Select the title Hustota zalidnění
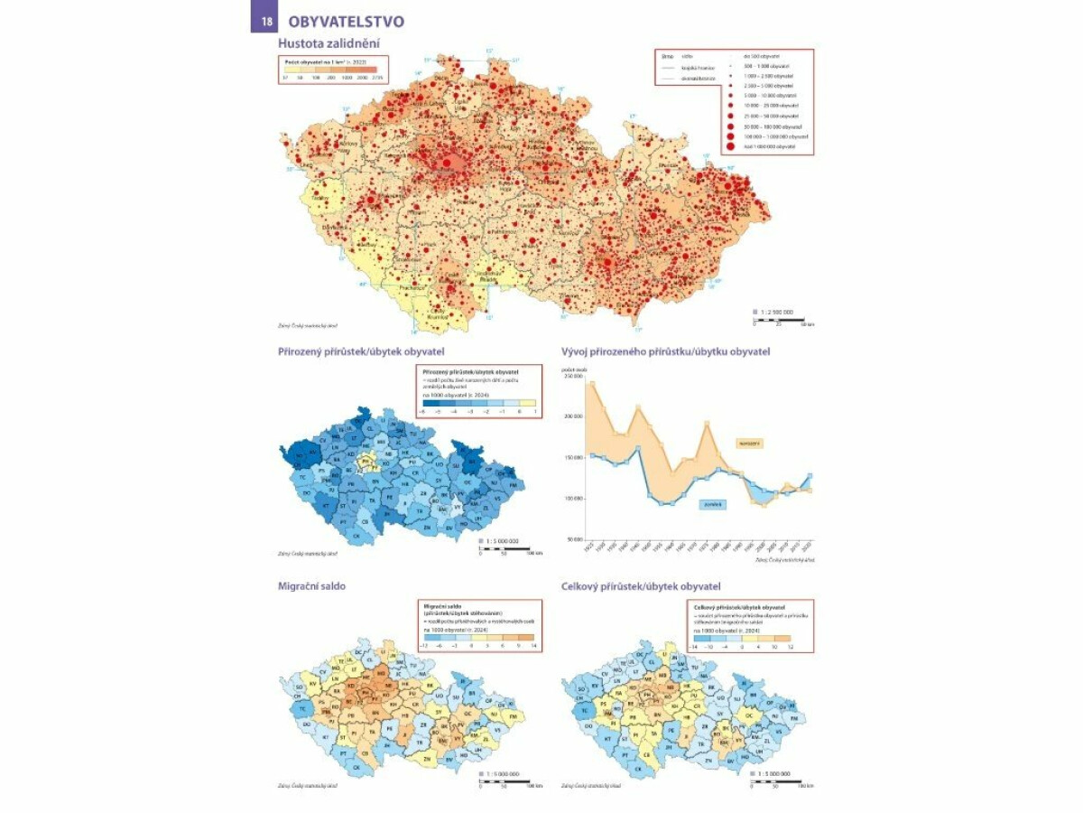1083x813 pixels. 329,42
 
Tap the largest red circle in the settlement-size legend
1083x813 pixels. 729,145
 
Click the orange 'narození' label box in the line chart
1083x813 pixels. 750,443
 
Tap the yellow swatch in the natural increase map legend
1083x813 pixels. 529,404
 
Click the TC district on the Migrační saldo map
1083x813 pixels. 304,710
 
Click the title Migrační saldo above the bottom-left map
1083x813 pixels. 312,586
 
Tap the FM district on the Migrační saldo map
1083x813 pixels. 514,716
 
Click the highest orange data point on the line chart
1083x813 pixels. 592,383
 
